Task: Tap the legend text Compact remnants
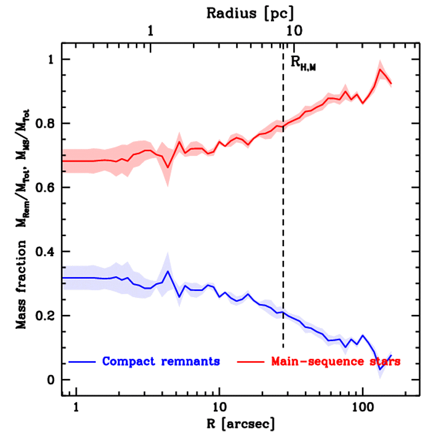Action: pyautogui.click(x=161, y=361)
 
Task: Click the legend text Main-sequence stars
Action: pyautogui.click(x=335, y=361)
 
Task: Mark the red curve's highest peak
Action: pyautogui.click(x=380, y=69)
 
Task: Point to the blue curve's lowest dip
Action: pyautogui.click(x=380, y=369)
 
